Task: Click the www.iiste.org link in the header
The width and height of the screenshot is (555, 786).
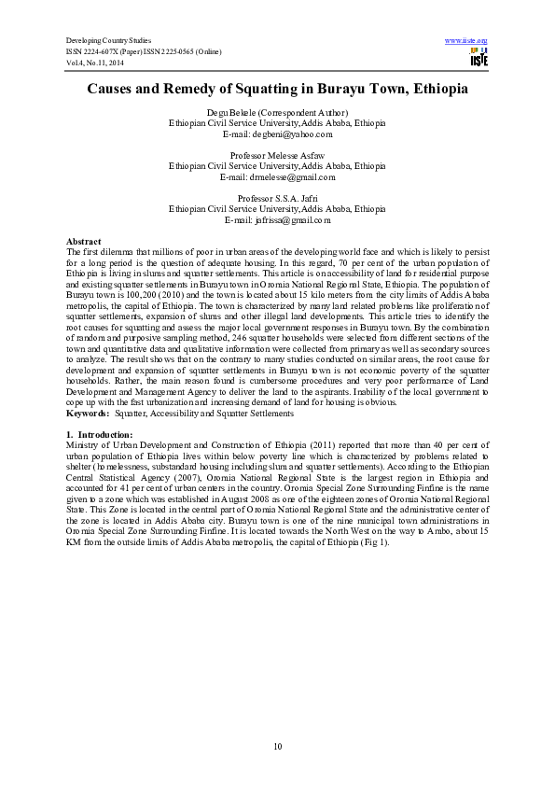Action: (467, 40)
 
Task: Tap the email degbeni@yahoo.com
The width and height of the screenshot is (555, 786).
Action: (277, 134)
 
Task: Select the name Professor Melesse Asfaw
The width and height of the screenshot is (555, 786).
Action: (277, 154)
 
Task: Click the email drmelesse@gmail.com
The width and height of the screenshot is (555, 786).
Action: (277, 176)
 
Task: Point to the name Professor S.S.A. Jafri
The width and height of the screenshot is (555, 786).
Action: (277, 198)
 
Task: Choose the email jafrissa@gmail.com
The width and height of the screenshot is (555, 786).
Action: (277, 220)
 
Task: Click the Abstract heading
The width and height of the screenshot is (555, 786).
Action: (84, 242)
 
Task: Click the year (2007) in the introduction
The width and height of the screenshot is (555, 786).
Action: (180, 477)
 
